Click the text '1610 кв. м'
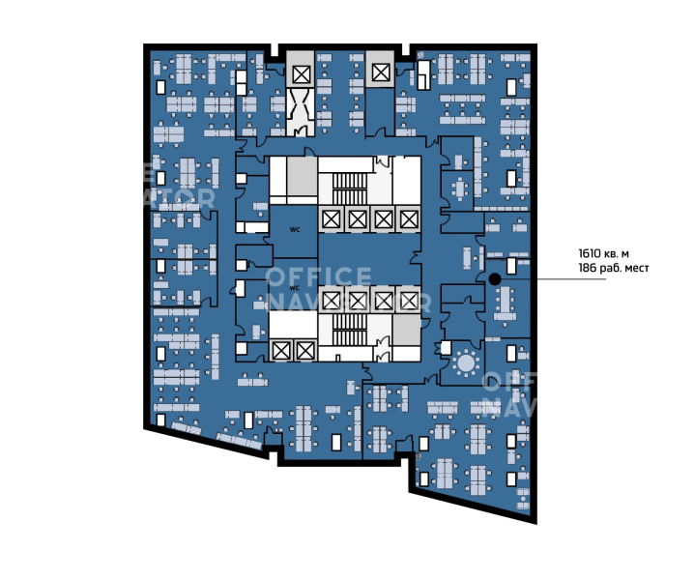coord(604,253)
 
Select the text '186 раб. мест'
coord(614,268)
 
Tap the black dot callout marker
coord(495,279)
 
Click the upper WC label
coord(295,229)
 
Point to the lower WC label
coord(295,288)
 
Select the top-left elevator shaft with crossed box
coord(302,74)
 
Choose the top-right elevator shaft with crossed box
coord(381,72)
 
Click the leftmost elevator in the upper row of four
coord(331,219)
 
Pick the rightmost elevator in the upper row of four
coord(409,219)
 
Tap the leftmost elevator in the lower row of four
coord(331,301)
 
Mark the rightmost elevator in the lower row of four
coord(409,301)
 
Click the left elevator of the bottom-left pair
coord(279,351)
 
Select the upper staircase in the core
coord(350,188)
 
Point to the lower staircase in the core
coord(350,330)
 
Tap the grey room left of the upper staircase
coord(303,176)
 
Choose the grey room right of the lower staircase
coord(406,330)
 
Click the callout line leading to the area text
coord(553,279)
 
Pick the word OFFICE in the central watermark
coord(318,276)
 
